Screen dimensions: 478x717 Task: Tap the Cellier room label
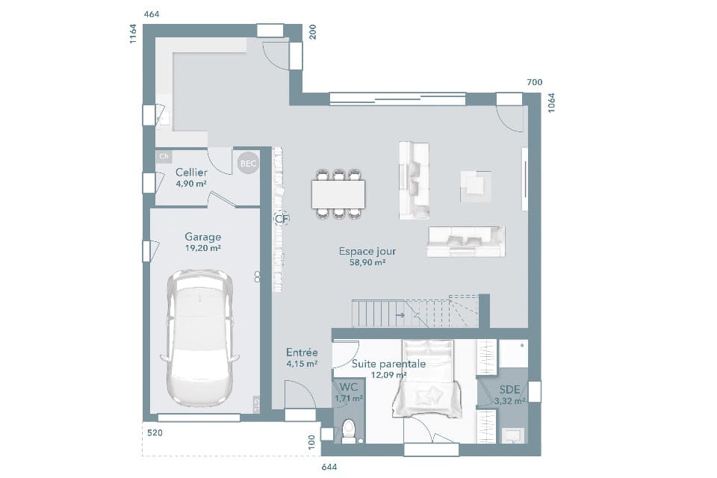(191, 173)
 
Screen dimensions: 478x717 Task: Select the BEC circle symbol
(247, 164)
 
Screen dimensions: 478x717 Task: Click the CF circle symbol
(282, 219)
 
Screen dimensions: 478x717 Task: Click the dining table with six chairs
(338, 194)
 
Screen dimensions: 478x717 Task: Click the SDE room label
(509, 390)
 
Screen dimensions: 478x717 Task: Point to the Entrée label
(302, 353)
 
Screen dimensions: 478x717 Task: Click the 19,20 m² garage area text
(202, 248)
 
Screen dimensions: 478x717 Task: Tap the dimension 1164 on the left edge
(133, 34)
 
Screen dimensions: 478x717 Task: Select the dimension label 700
(534, 82)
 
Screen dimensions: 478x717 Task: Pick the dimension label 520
(155, 433)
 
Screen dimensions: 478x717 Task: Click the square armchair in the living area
(476, 186)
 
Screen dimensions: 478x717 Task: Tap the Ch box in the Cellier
(164, 157)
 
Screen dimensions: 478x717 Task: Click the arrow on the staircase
(401, 315)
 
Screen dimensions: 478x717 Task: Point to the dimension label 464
(151, 14)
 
